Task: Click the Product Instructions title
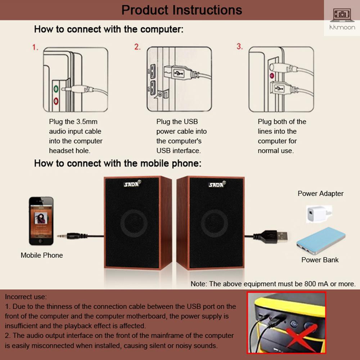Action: click(x=181, y=10)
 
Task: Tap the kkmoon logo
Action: click(x=342, y=19)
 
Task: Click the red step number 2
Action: click(x=137, y=47)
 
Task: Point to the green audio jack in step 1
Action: click(x=56, y=89)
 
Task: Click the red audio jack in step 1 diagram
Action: click(x=56, y=100)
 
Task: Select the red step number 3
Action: click(x=239, y=46)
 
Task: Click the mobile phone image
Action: click(x=41, y=221)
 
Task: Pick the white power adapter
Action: click(x=319, y=214)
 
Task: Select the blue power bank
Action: click(x=321, y=240)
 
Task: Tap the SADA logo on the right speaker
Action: click(x=217, y=184)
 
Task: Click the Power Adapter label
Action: click(x=320, y=194)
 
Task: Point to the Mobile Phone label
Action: click(x=42, y=255)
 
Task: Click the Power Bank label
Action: click(x=320, y=260)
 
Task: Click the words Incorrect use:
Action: click(x=26, y=297)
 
